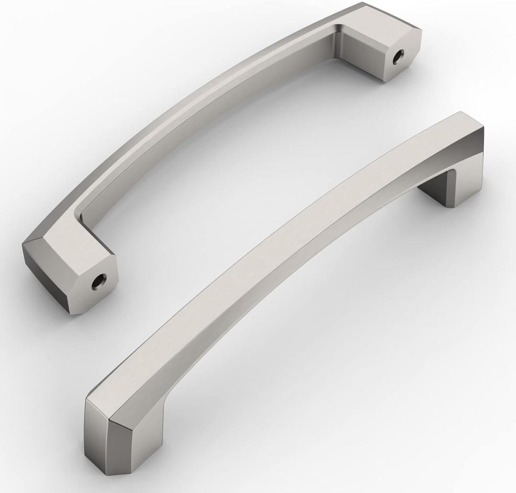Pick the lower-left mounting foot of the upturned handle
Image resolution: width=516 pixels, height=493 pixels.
[x=72, y=272]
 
